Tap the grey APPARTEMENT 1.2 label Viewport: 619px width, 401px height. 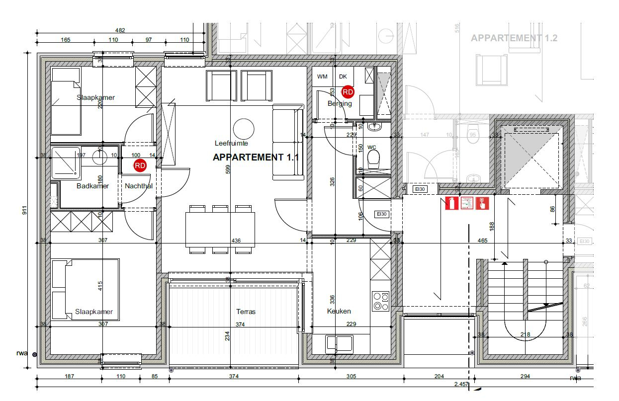coord(514,38)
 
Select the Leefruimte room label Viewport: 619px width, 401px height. coord(231,143)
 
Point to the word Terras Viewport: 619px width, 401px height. coord(246,312)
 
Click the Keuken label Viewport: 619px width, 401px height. coord(339,311)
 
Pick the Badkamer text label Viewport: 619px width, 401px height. coord(92,186)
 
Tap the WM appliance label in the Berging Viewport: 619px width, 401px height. coord(322,76)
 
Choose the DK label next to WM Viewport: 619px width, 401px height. coord(343,76)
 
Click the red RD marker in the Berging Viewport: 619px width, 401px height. coord(348,91)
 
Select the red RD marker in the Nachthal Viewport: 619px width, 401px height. coord(140,165)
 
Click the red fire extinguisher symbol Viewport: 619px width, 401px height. coord(451,203)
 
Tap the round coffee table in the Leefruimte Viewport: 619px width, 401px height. coord(244,129)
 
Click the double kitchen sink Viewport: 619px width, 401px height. coord(339,343)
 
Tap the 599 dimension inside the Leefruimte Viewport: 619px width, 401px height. coord(228,169)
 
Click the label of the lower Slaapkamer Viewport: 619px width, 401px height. coord(94,312)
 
